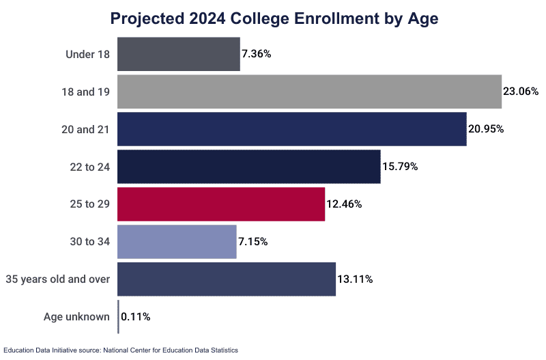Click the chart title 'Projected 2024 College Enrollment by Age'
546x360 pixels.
click(x=274, y=18)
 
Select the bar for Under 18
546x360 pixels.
click(x=179, y=54)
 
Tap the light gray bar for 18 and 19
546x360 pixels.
click(x=309, y=92)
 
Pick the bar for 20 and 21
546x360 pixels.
click(x=292, y=129)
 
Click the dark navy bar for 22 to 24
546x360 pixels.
click(x=249, y=167)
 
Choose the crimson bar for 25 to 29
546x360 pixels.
click(x=221, y=204)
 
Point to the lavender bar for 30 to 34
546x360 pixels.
click(x=177, y=242)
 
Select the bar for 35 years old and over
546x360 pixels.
click(x=227, y=279)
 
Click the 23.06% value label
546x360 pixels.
click(x=521, y=92)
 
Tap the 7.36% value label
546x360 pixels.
click(x=256, y=54)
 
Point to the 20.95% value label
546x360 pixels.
click(x=485, y=129)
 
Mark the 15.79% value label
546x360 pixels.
click(x=399, y=167)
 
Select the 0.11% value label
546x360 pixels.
click(x=136, y=317)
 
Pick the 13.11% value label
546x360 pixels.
click(x=354, y=279)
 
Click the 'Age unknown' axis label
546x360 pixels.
click(x=76, y=317)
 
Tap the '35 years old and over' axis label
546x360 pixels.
click(x=57, y=279)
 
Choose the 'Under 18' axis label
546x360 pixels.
click(x=87, y=54)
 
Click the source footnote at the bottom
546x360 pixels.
click(x=121, y=350)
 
